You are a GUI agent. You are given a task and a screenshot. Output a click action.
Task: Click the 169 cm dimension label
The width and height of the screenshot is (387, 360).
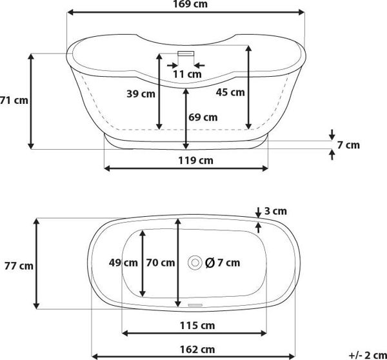[190, 4]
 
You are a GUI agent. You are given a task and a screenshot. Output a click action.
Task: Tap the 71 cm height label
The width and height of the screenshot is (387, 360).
[14, 101]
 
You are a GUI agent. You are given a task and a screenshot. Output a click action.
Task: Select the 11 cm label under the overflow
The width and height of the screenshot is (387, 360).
[187, 74]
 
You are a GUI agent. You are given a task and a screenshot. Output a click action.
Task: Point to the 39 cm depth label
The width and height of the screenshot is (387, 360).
[141, 94]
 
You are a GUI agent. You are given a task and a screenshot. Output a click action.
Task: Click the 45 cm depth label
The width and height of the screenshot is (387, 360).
[230, 92]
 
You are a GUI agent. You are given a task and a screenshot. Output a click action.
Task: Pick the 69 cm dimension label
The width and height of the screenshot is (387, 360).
[203, 117]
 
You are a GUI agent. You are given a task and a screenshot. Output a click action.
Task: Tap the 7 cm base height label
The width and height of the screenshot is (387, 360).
[348, 145]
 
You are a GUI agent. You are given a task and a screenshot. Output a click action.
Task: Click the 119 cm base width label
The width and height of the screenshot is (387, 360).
[195, 161]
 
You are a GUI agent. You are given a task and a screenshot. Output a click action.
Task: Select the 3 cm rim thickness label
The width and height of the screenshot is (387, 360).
[275, 211]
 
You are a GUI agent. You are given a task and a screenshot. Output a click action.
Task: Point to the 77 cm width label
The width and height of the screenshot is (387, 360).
[19, 266]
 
